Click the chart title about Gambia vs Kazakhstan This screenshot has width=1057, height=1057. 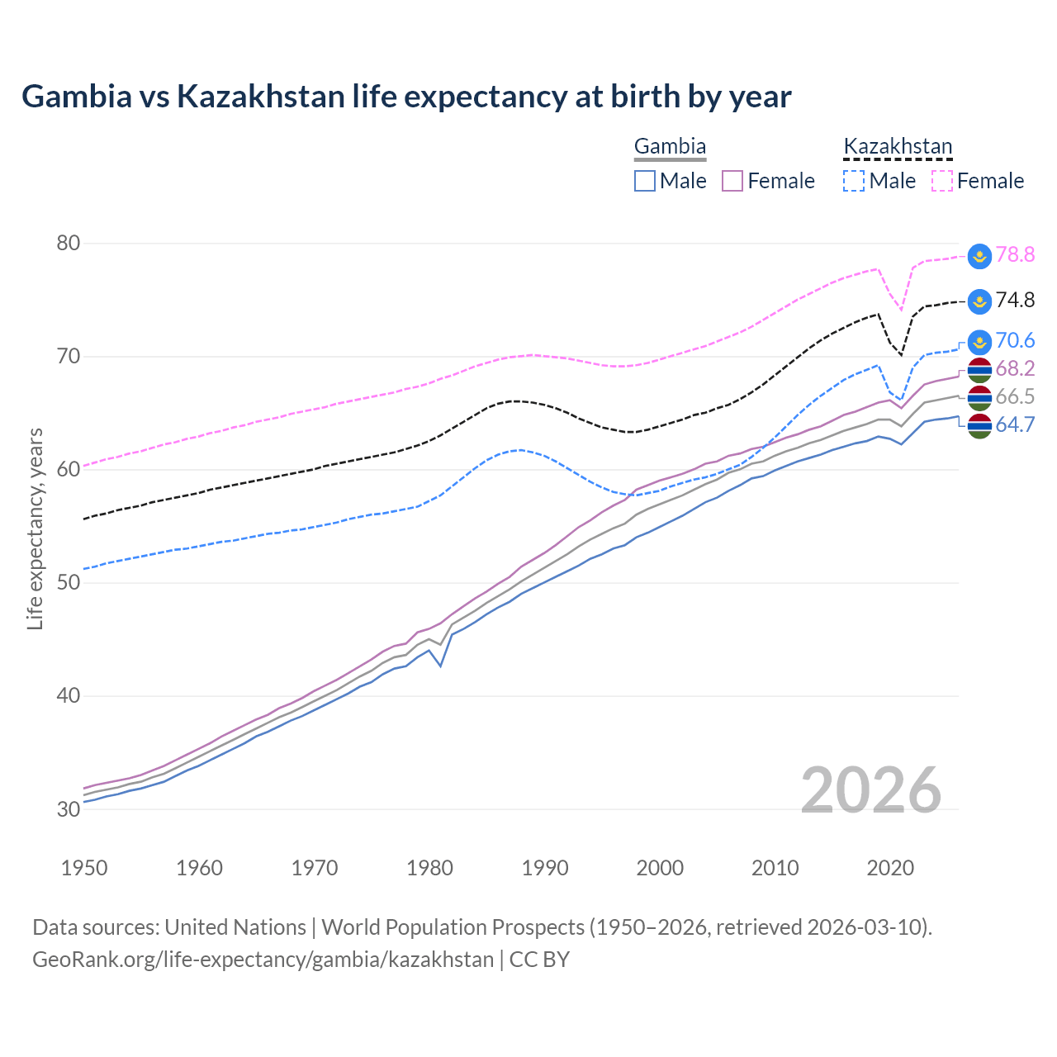(x=406, y=97)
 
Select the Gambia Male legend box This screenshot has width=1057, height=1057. (x=645, y=181)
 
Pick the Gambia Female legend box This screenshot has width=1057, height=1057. (x=733, y=181)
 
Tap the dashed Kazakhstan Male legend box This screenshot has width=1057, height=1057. (x=854, y=181)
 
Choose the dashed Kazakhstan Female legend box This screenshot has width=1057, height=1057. (x=942, y=181)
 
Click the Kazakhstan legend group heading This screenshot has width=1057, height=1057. (x=898, y=147)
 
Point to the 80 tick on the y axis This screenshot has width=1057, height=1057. (x=69, y=243)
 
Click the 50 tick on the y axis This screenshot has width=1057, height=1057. (x=69, y=582)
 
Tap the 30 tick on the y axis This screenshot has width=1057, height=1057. (x=69, y=808)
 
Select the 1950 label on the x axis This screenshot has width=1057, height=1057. (x=84, y=868)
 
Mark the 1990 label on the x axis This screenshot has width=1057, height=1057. (x=545, y=868)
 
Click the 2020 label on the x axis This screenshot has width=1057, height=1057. (x=890, y=868)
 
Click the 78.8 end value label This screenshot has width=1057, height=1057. (x=1015, y=254)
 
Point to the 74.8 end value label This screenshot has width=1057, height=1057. (x=1015, y=300)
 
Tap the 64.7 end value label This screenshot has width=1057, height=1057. (x=1015, y=425)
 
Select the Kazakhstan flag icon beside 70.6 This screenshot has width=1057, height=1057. (x=979, y=341)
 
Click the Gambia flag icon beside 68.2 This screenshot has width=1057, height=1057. (x=979, y=370)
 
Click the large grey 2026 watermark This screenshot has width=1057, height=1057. (x=871, y=790)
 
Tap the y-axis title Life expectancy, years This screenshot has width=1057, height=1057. (x=35, y=528)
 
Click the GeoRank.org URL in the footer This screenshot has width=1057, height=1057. (x=263, y=960)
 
